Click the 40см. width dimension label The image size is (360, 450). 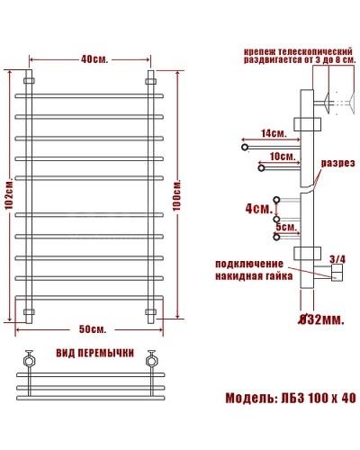pyautogui.click(x=89, y=60)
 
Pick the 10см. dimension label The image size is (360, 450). pyautogui.click(x=282, y=156)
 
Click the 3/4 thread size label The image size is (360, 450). pyautogui.click(x=337, y=259)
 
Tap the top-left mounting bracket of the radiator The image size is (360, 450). pyautogui.click(x=28, y=79)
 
